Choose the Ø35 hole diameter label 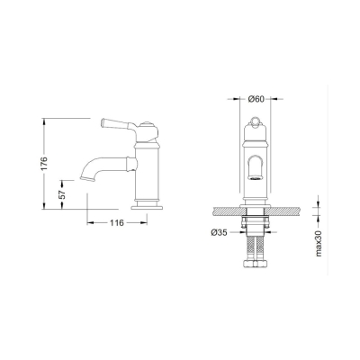tap(219, 233)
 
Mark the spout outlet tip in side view tap(87, 178)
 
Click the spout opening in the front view tap(255, 176)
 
